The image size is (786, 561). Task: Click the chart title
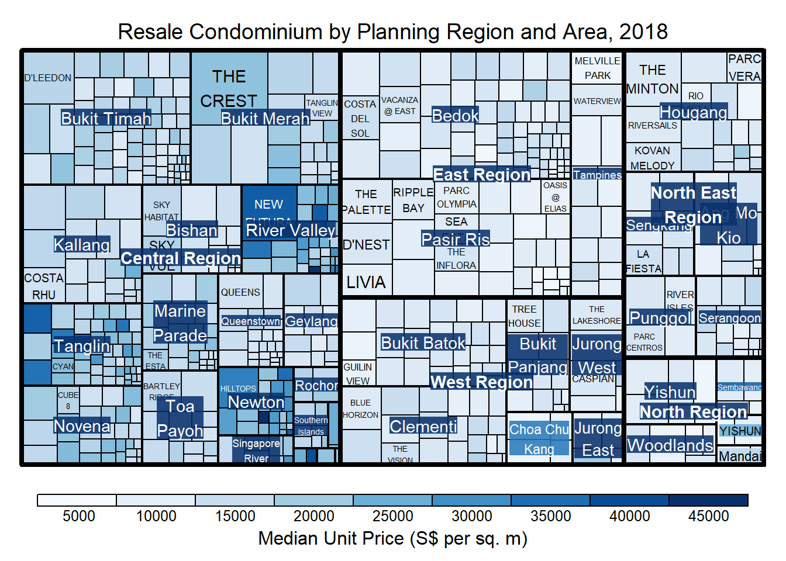point(392,32)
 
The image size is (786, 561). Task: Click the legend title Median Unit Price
point(392,538)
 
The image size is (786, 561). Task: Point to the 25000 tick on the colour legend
point(392,516)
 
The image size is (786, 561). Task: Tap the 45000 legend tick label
point(708,516)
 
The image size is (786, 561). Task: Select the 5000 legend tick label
point(78,516)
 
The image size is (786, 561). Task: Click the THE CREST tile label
point(229,89)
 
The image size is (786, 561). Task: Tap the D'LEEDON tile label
point(48,78)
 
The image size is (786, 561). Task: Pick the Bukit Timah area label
point(106,119)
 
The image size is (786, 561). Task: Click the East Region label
point(481,175)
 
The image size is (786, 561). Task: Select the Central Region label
point(181,258)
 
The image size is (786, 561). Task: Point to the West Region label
point(481,382)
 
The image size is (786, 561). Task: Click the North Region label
point(693,412)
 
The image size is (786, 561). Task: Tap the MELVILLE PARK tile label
point(597,68)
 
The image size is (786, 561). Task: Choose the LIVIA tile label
point(366,283)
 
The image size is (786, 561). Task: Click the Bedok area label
point(455,116)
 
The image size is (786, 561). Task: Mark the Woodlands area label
point(670,445)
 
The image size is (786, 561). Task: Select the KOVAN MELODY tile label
point(652,158)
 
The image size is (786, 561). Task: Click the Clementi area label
point(423,427)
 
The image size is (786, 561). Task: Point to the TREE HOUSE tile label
point(524,316)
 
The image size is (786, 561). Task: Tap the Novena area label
point(82,426)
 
